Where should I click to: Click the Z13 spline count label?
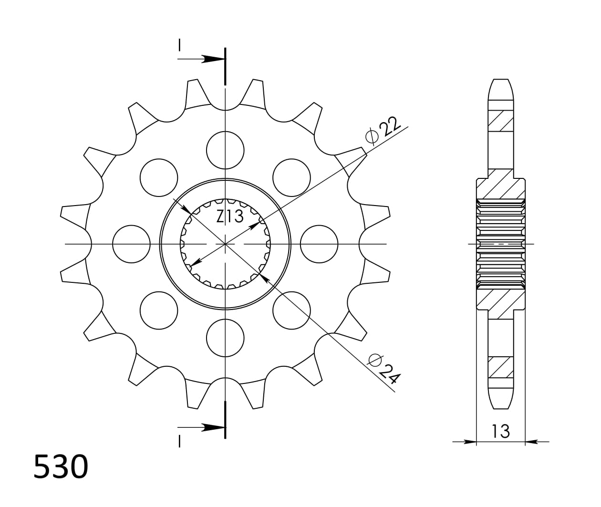pos(230,216)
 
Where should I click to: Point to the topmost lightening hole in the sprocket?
pos(225,150)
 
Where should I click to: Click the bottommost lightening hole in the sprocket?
pos(225,338)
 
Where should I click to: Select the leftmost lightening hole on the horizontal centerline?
pos(131,244)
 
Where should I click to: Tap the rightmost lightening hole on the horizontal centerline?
pos(319,244)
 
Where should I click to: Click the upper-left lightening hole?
pos(159,178)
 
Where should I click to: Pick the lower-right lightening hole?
pos(291,310)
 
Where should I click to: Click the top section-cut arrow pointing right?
pos(210,59)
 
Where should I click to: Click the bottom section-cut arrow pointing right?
pos(210,427)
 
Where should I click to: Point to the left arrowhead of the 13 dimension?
pos(470,442)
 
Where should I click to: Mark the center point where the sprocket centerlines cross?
pos(225,244)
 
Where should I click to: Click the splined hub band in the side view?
pos(500,244)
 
